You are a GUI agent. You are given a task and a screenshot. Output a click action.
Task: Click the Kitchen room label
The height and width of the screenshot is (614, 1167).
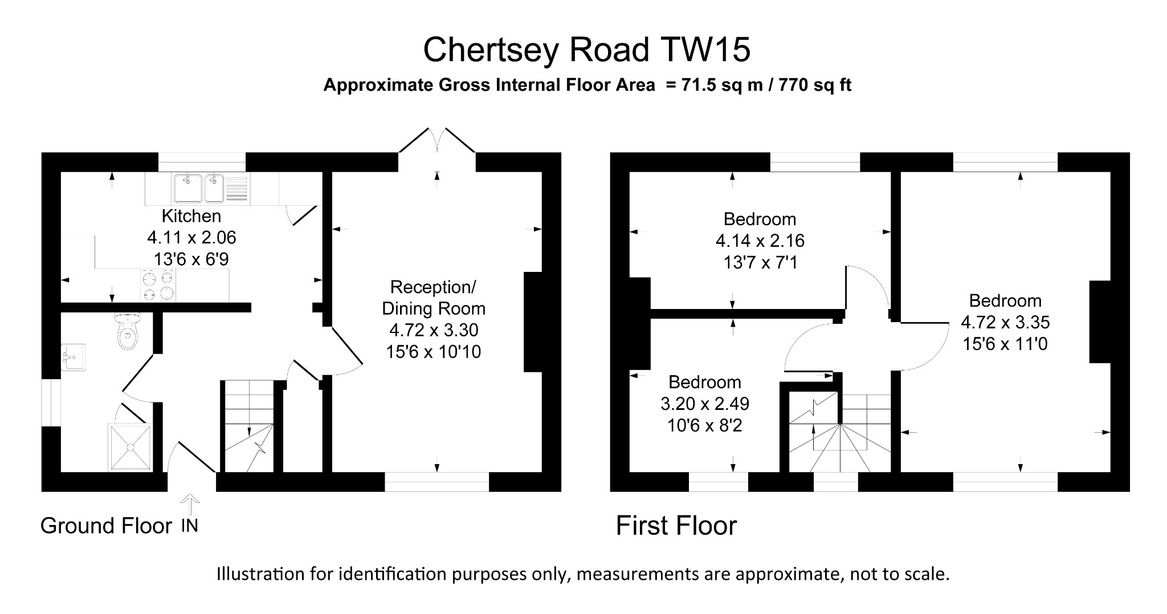191,216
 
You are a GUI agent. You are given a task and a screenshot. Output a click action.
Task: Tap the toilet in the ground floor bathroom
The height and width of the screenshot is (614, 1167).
127,334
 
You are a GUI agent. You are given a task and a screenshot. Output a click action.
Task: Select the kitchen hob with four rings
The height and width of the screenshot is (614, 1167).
158,286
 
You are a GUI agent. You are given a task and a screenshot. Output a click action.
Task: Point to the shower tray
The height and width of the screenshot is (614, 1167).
130,448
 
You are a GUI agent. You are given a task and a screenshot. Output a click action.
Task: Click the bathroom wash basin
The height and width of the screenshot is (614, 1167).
74,357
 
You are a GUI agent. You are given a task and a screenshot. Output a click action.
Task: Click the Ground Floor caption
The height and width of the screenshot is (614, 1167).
106,526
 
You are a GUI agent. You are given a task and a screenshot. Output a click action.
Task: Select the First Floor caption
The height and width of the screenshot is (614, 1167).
676,526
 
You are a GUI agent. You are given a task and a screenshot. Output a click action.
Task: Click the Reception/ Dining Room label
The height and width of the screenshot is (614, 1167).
434,298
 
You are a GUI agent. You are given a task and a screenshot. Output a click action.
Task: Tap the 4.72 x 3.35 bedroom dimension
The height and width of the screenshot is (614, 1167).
1005,323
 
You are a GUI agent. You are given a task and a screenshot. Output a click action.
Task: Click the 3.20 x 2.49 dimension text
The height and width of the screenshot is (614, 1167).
705,404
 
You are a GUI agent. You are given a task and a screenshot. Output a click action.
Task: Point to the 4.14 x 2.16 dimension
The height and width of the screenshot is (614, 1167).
760,241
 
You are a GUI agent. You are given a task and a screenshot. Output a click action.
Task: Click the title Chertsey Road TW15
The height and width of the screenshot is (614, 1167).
586,50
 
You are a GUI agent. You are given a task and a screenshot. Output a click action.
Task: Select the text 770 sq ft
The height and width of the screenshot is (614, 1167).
815,86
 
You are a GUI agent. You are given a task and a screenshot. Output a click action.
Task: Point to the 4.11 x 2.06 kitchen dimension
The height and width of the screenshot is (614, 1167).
191,237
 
